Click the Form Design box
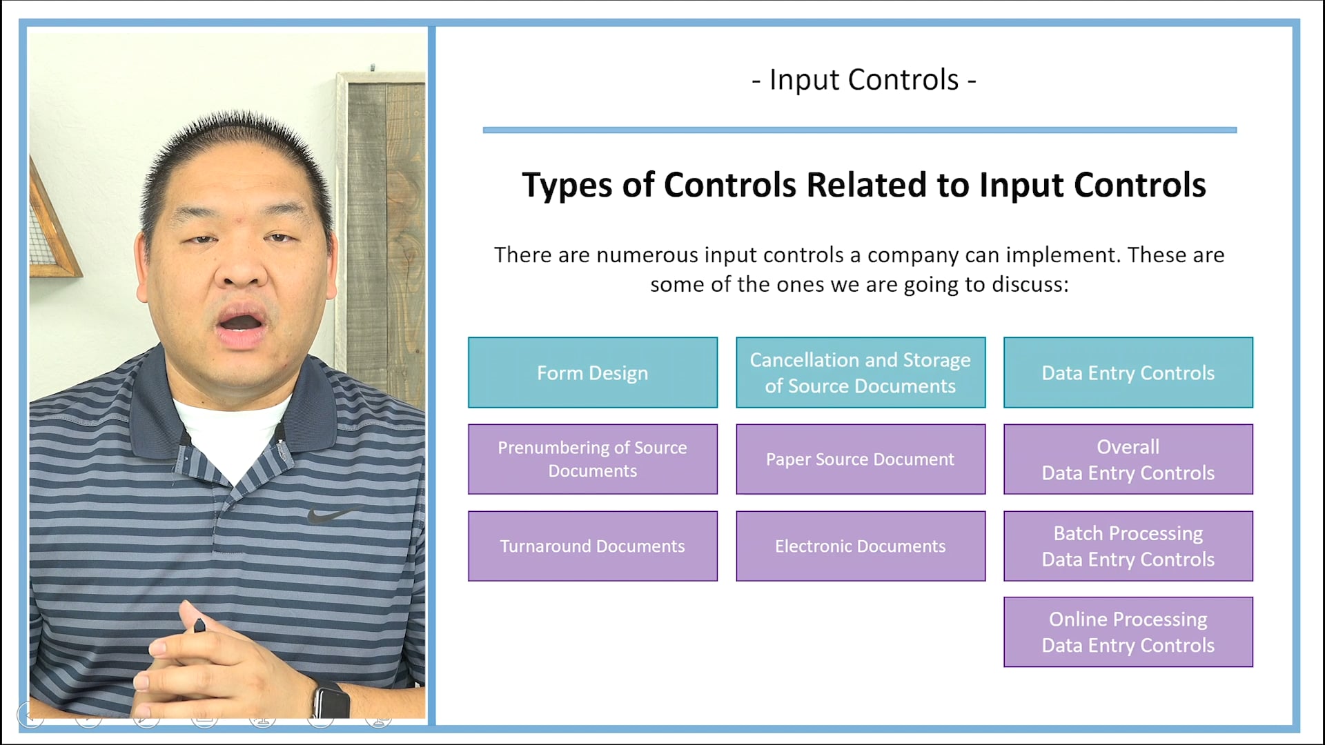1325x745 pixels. (x=592, y=372)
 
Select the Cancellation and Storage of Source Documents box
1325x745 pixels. (x=860, y=372)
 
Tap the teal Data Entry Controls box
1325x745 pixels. (x=1128, y=372)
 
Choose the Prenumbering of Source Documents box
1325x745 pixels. (x=592, y=459)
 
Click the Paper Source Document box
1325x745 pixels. (x=860, y=459)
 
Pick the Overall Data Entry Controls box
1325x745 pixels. (x=1128, y=459)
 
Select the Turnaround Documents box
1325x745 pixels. (x=592, y=546)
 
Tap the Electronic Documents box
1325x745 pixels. (x=860, y=546)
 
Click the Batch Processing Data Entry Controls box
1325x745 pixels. (x=1128, y=546)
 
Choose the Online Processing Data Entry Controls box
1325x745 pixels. (x=1128, y=632)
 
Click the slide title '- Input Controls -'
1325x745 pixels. (x=863, y=80)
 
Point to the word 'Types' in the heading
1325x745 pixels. (x=567, y=186)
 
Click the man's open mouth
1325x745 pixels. (x=240, y=324)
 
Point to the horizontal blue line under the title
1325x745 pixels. (x=859, y=130)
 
